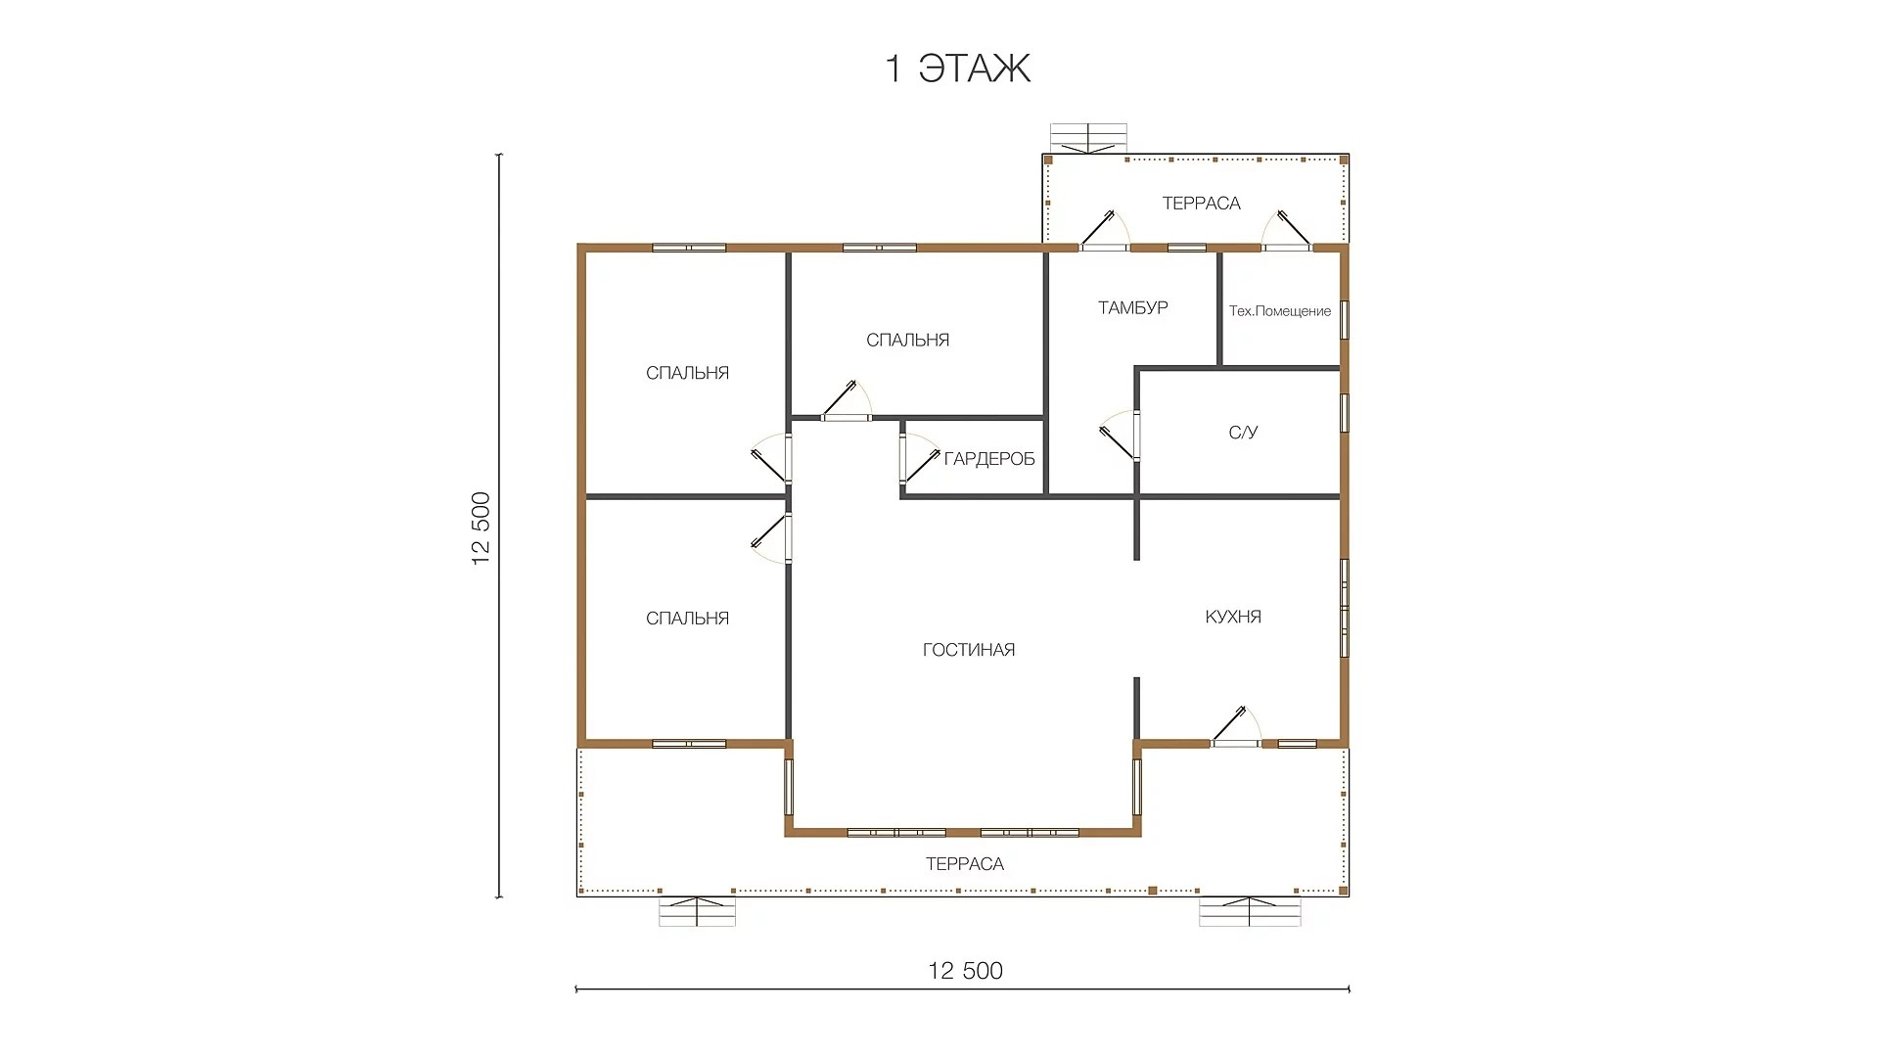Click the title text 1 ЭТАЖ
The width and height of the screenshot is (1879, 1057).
(958, 69)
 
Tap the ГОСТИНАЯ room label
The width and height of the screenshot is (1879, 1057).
(969, 650)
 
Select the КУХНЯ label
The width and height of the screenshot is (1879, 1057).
(1233, 617)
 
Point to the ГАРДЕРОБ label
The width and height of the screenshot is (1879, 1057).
(989, 459)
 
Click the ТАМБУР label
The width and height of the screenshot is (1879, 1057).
(1133, 307)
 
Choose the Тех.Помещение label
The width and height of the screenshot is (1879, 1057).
(1280, 311)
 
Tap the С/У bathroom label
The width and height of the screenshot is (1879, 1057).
(1244, 433)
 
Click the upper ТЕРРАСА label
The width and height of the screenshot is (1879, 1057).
(1202, 204)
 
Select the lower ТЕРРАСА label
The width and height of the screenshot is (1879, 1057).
(965, 864)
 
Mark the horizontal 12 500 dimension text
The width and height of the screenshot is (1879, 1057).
(966, 970)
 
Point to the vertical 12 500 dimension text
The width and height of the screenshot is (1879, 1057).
(481, 528)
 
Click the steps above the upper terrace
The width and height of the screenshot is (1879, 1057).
(1088, 139)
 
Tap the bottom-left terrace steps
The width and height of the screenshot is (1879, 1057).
(697, 911)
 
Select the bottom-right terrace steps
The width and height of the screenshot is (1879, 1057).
(1251, 911)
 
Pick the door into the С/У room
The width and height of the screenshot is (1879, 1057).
(1122, 436)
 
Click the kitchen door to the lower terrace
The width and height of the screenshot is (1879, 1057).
(1235, 727)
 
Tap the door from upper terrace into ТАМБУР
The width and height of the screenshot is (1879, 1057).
(1105, 231)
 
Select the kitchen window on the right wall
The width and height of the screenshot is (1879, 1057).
(1345, 608)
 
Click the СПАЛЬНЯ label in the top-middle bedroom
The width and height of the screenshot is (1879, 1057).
(908, 341)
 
